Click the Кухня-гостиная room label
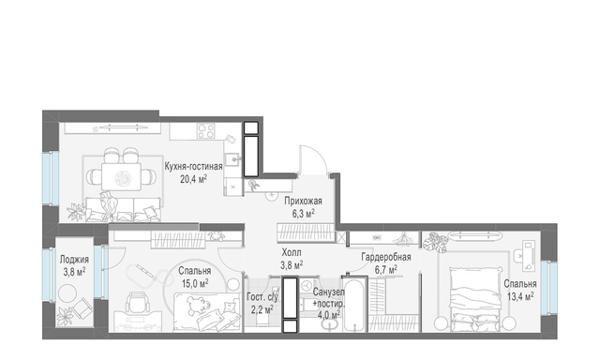(194, 167)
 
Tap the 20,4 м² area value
(194, 179)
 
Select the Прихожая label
(304, 202)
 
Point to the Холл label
(292, 252)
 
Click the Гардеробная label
(386, 258)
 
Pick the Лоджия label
(74, 260)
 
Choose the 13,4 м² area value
(520, 295)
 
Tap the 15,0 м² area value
(195, 283)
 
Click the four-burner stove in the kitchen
(206, 131)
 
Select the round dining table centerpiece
(123, 178)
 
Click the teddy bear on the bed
(198, 306)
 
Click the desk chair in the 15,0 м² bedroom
(138, 302)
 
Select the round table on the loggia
(67, 294)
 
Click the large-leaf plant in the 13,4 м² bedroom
(436, 242)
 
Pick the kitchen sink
(232, 158)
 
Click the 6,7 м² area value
(386, 270)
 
